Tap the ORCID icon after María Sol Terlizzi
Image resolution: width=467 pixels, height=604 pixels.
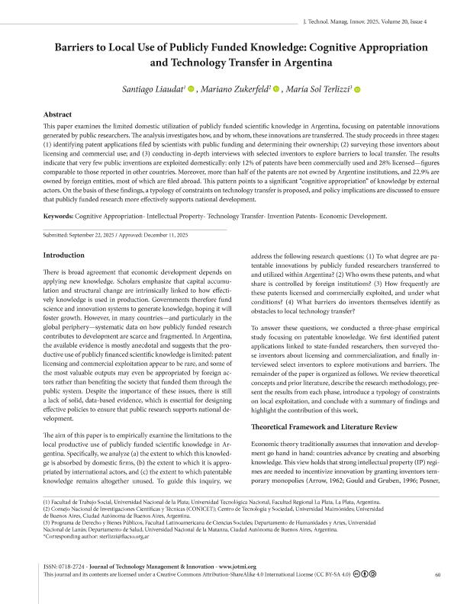[357, 91]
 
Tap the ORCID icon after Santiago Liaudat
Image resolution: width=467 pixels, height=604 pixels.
[192, 91]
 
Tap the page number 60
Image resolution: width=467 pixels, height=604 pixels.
[437, 576]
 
